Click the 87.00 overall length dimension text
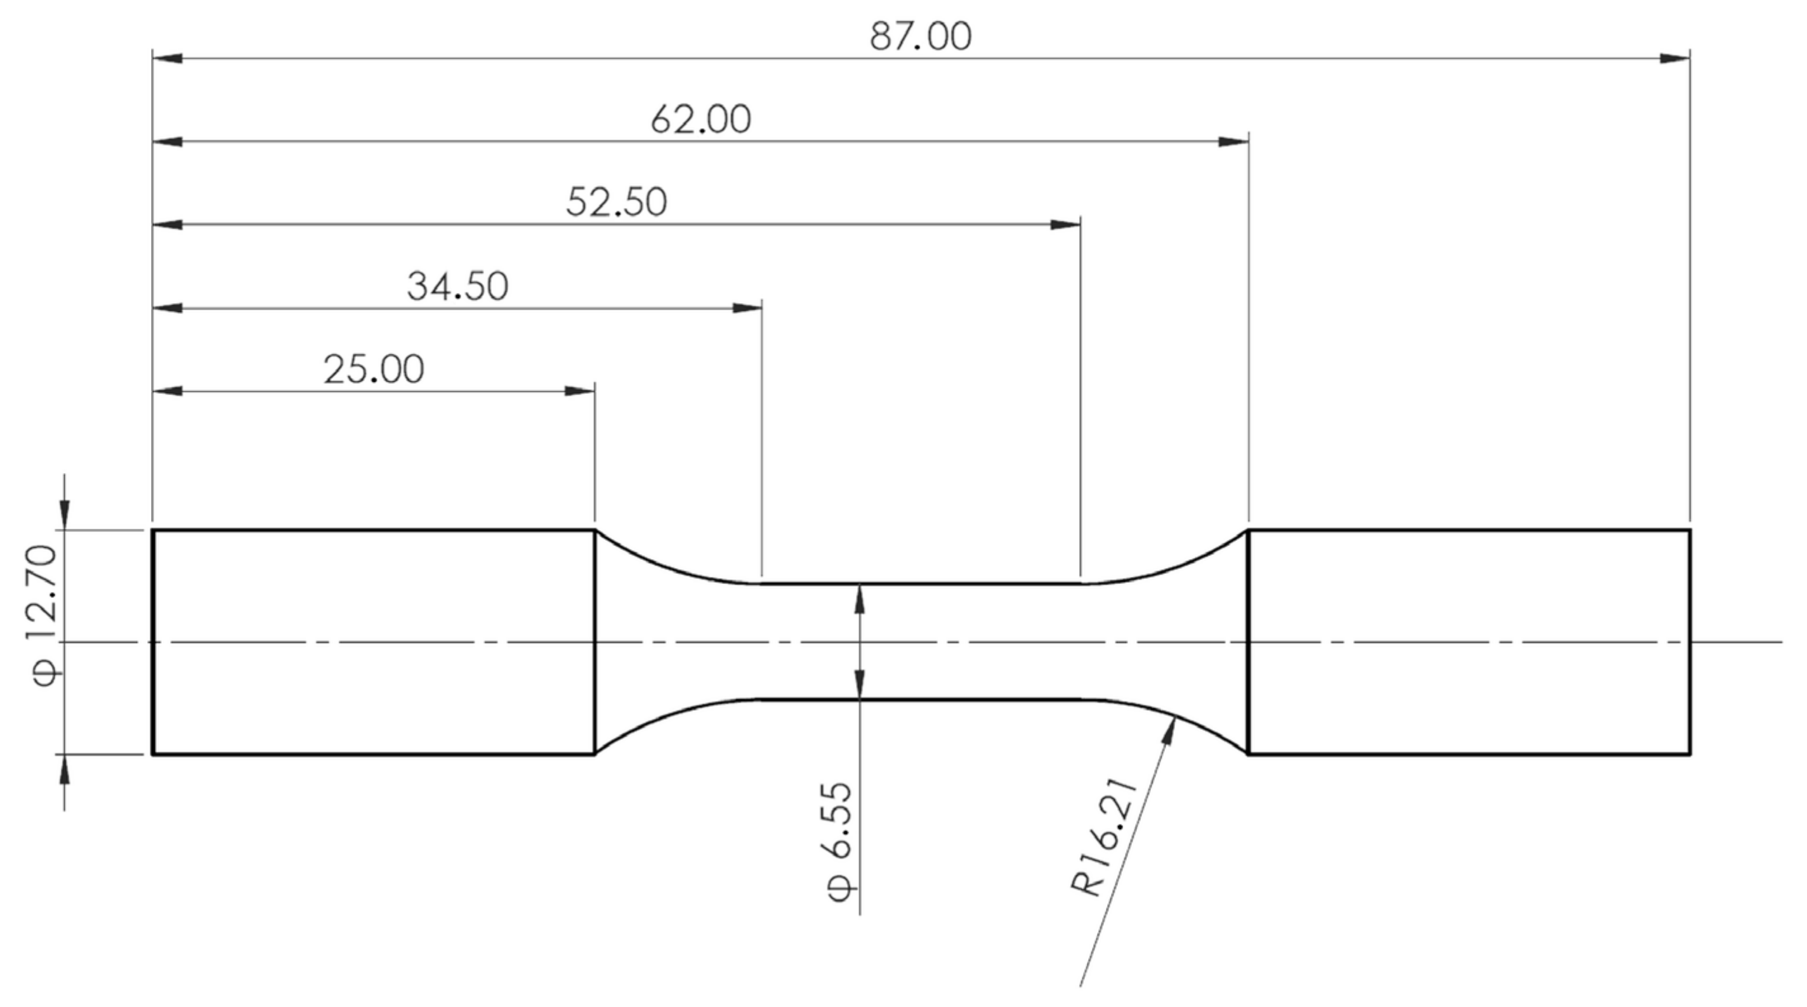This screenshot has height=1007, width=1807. tap(921, 37)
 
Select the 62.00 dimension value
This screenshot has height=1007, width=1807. tap(700, 119)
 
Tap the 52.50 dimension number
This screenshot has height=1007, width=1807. tap(616, 203)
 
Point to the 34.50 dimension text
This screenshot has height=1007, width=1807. tap(457, 286)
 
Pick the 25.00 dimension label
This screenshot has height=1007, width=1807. tap(373, 370)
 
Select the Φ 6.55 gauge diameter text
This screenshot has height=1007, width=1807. tap(839, 841)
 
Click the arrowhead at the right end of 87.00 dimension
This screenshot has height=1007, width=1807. tap(1675, 58)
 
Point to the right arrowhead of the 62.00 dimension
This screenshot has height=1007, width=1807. tap(1234, 141)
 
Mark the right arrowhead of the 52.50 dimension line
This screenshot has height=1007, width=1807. tap(1065, 225)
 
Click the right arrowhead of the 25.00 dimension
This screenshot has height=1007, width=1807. tap(580, 391)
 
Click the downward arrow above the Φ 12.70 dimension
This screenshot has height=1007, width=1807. tap(65, 516)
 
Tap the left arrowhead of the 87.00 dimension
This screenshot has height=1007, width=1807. tap(168, 58)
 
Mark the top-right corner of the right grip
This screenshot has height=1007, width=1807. tap(1690, 531)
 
